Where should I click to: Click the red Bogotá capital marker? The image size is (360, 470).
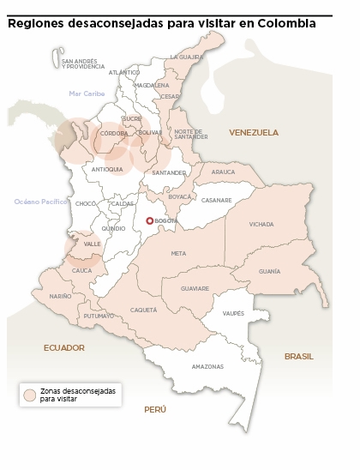tap(150, 221)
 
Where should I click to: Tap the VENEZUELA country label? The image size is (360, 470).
tap(254, 133)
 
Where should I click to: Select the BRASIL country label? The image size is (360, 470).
tap(300, 355)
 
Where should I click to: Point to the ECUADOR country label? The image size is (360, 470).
tap(64, 347)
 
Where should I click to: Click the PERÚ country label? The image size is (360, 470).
tap(155, 410)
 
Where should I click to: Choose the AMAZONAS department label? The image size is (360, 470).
tap(207, 366)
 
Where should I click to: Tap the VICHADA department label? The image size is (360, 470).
tap(261, 225)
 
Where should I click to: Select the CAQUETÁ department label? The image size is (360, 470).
tap(144, 310)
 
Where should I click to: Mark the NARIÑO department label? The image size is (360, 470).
tap(60, 296)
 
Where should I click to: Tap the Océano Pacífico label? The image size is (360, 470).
tap(40, 202)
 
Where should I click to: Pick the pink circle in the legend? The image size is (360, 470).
tap(30, 395)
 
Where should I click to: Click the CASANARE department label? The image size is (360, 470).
tap(217, 201)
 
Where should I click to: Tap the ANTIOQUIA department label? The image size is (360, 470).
tap(107, 170)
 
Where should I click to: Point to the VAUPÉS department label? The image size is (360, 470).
tap(233, 314)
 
